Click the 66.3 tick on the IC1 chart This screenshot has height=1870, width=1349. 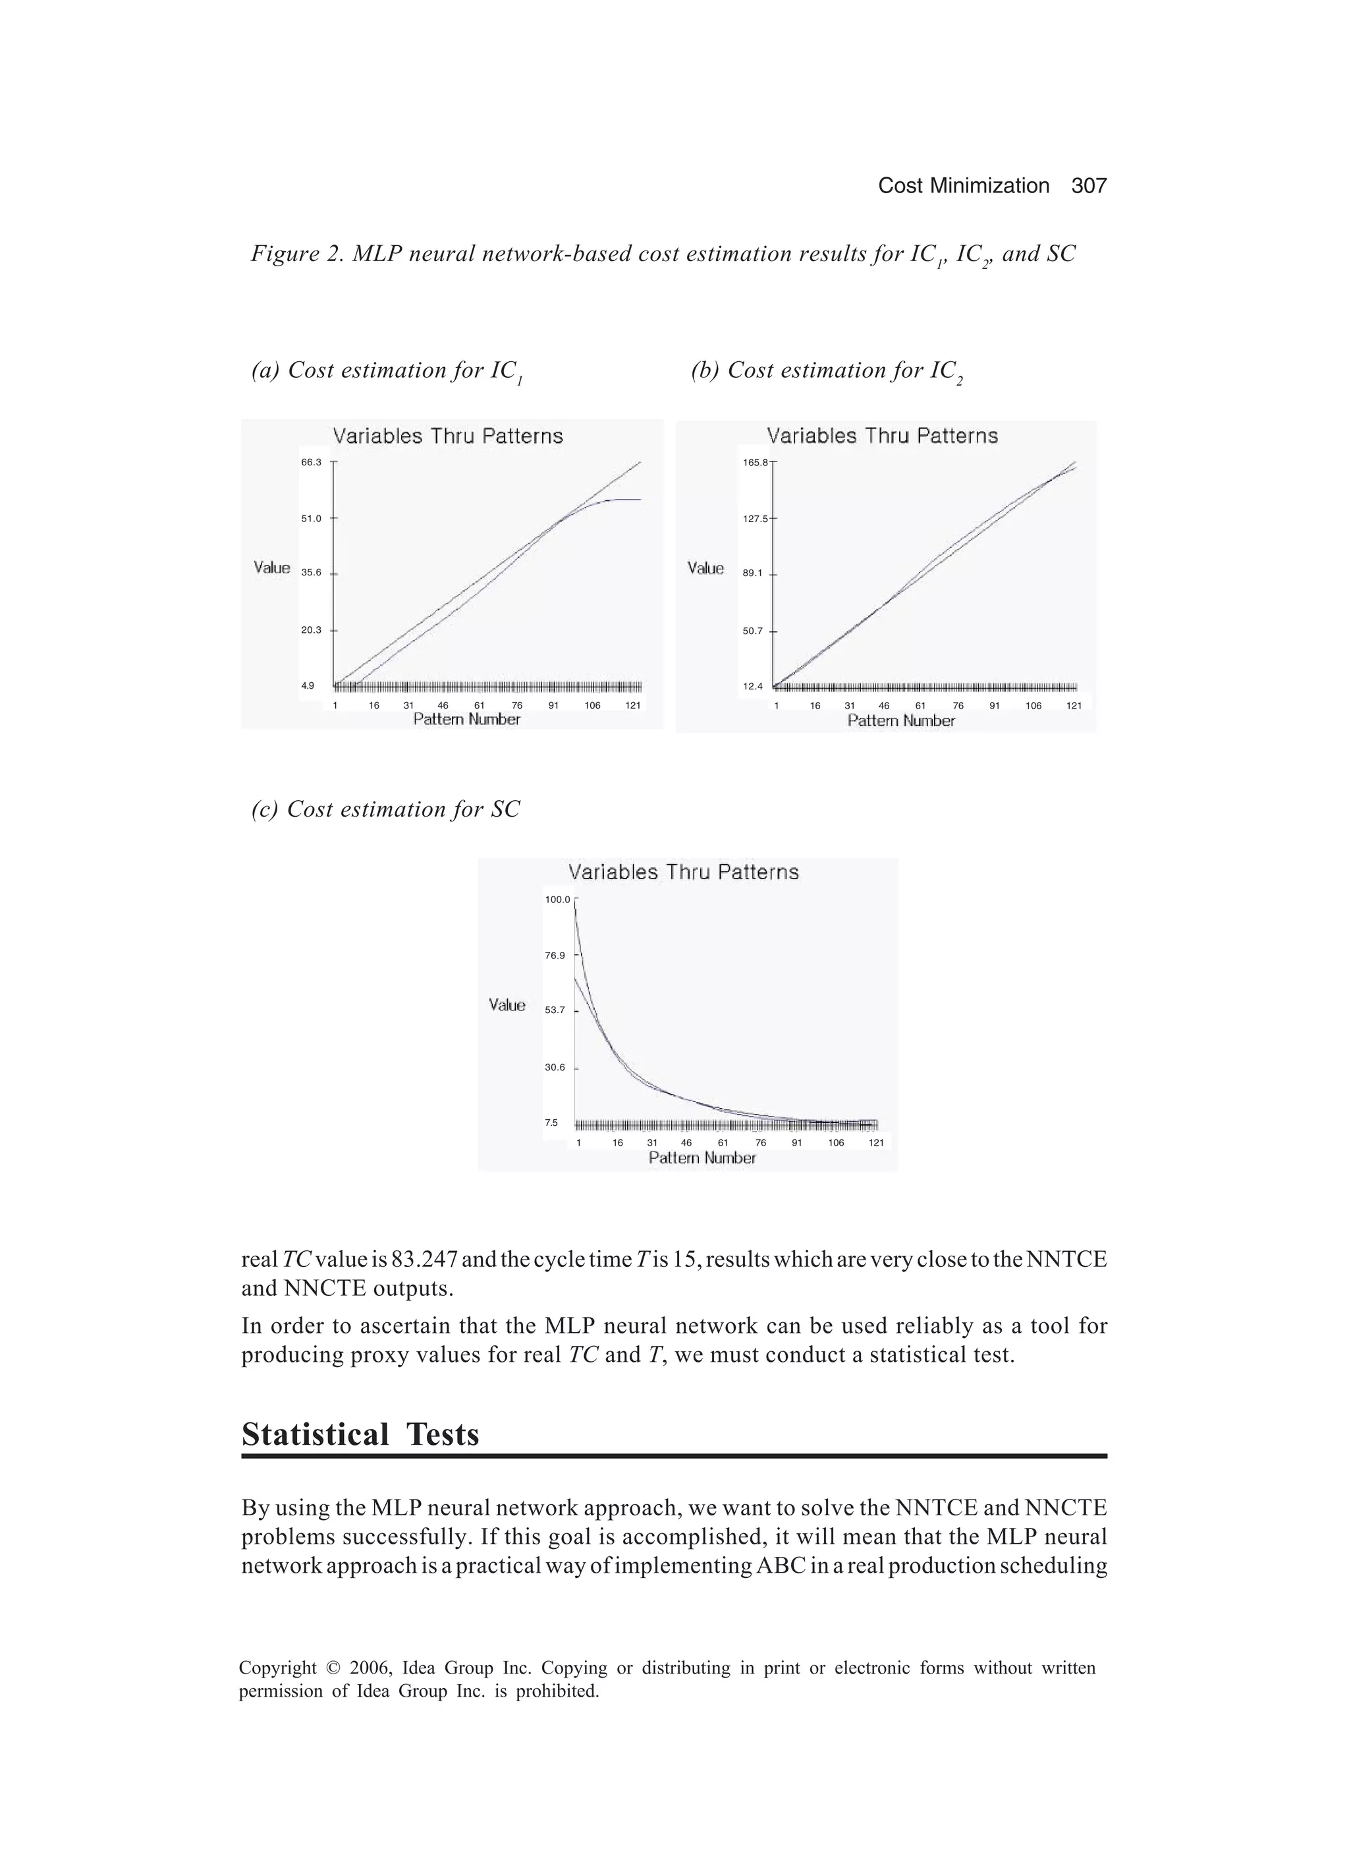311,463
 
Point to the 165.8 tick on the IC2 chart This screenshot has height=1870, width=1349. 755,463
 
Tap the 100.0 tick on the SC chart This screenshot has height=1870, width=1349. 557,900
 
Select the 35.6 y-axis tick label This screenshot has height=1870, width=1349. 311,572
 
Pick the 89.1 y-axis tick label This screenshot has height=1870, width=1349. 752,573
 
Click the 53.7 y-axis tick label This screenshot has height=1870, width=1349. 555,1010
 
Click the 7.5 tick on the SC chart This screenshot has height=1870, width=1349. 551,1123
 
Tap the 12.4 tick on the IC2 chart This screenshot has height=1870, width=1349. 752,686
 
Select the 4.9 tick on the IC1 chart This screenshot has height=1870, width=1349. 308,685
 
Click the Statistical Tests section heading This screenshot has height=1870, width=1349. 360,1436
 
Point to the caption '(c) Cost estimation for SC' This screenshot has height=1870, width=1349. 386,809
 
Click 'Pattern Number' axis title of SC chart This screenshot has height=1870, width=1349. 702,1158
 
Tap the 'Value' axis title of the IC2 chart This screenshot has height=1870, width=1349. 705,568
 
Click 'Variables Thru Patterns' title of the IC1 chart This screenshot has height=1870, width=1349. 447,436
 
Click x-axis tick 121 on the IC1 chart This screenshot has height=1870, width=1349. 633,706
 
